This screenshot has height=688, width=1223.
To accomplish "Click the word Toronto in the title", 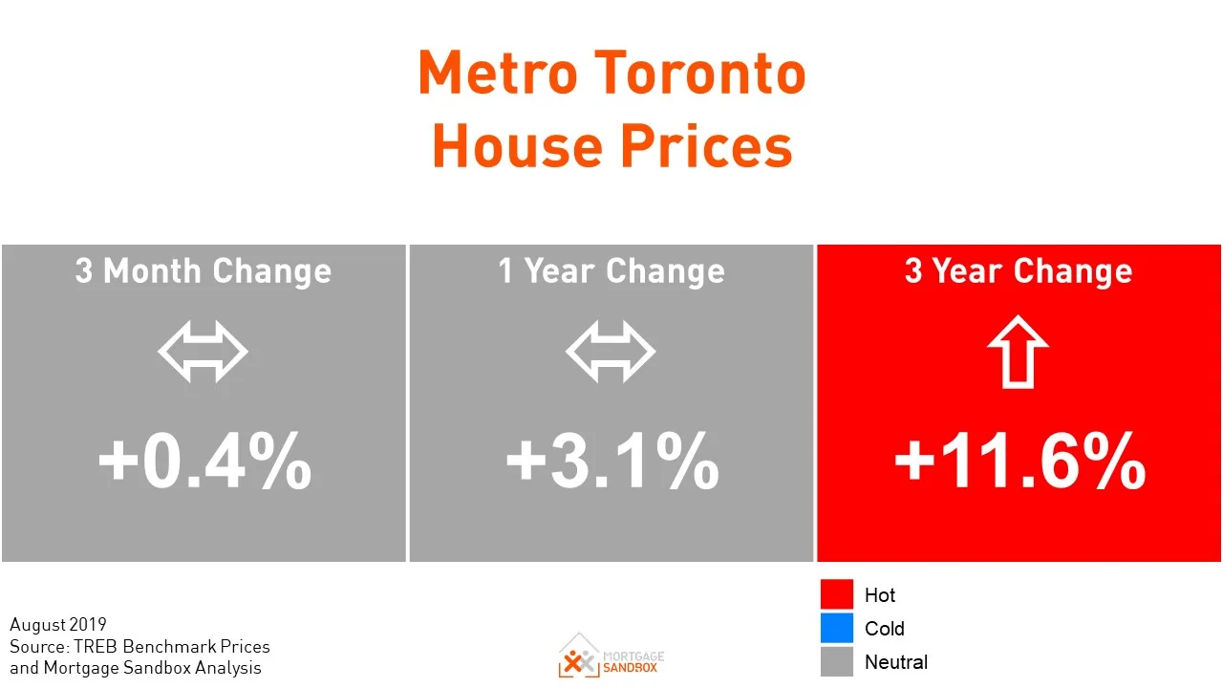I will click(699, 74).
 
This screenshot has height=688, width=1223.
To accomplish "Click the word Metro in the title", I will click(497, 74).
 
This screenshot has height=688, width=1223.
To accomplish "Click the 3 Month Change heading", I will click(204, 271).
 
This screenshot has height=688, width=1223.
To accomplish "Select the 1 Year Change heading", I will click(611, 271).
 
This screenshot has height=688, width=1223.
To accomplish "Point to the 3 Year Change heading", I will click(1019, 271).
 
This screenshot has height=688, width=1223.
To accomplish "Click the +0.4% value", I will click(204, 462).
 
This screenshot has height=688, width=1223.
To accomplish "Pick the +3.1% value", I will click(611, 462).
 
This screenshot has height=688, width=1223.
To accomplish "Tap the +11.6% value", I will click(1019, 462).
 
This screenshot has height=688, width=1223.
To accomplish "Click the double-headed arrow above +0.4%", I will click(203, 353).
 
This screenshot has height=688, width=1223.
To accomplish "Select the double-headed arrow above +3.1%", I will click(611, 353).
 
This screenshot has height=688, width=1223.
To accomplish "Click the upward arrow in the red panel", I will click(1019, 352).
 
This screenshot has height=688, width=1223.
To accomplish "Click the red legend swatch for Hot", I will click(836, 594).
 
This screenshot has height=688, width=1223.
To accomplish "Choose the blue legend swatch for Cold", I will click(836, 628).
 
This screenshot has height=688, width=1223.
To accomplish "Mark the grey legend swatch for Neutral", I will click(836, 661).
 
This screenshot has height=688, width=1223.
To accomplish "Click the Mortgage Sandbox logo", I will click(611, 656).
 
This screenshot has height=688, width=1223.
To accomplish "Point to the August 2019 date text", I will click(58, 625).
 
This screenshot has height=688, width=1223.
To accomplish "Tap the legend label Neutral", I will click(895, 661).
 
